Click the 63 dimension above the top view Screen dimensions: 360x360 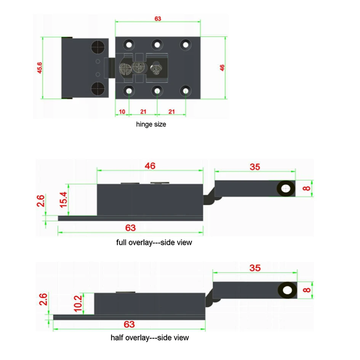click(158, 18)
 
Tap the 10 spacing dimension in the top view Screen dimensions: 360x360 click(122, 111)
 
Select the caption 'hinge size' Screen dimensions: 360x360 click(151, 124)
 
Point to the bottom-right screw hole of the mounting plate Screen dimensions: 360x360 click(186, 91)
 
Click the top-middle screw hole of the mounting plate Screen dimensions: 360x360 click(157, 45)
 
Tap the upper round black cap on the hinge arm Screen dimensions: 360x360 click(98, 47)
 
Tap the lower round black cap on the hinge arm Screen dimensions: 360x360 click(98, 89)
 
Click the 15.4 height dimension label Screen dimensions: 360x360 click(63, 199)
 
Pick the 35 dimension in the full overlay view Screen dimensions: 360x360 click(255, 167)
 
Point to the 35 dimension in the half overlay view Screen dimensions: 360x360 click(255, 268)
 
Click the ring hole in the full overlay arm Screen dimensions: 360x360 click(286, 188)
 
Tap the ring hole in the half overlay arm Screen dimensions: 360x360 click(288, 291)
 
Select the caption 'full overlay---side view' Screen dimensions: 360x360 click(154, 242)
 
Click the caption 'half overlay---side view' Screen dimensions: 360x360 click(150, 338)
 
